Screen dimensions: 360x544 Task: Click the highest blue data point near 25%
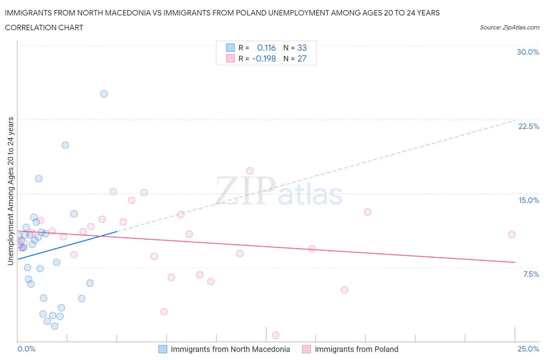coord(104,94)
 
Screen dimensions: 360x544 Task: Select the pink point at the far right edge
coord(511,235)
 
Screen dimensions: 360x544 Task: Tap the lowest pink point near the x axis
coord(275,335)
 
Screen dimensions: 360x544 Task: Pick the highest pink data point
coord(250,171)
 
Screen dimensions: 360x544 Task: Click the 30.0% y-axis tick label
coord(528,52)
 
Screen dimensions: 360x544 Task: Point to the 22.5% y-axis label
coord(529,126)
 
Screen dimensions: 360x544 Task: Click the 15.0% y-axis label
coord(529,200)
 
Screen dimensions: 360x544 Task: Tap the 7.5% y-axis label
coord(531,274)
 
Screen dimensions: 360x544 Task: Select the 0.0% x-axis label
coord(27,349)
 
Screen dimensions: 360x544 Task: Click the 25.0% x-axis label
coord(528,349)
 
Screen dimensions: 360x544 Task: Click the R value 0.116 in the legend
coord(266,48)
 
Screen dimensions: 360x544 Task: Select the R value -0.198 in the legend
coord(264,58)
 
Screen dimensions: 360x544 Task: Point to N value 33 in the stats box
coord(302,48)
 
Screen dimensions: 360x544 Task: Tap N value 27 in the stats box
coord(302,58)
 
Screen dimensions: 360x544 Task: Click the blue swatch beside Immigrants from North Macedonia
coord(163,349)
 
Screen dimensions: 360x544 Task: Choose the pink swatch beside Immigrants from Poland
coord(306,349)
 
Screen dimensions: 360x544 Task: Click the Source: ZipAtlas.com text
coord(509,27)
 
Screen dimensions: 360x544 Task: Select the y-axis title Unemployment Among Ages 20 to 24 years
coord(10,191)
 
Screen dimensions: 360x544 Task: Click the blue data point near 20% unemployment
coord(65,145)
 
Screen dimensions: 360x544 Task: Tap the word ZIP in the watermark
coord(245,190)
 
